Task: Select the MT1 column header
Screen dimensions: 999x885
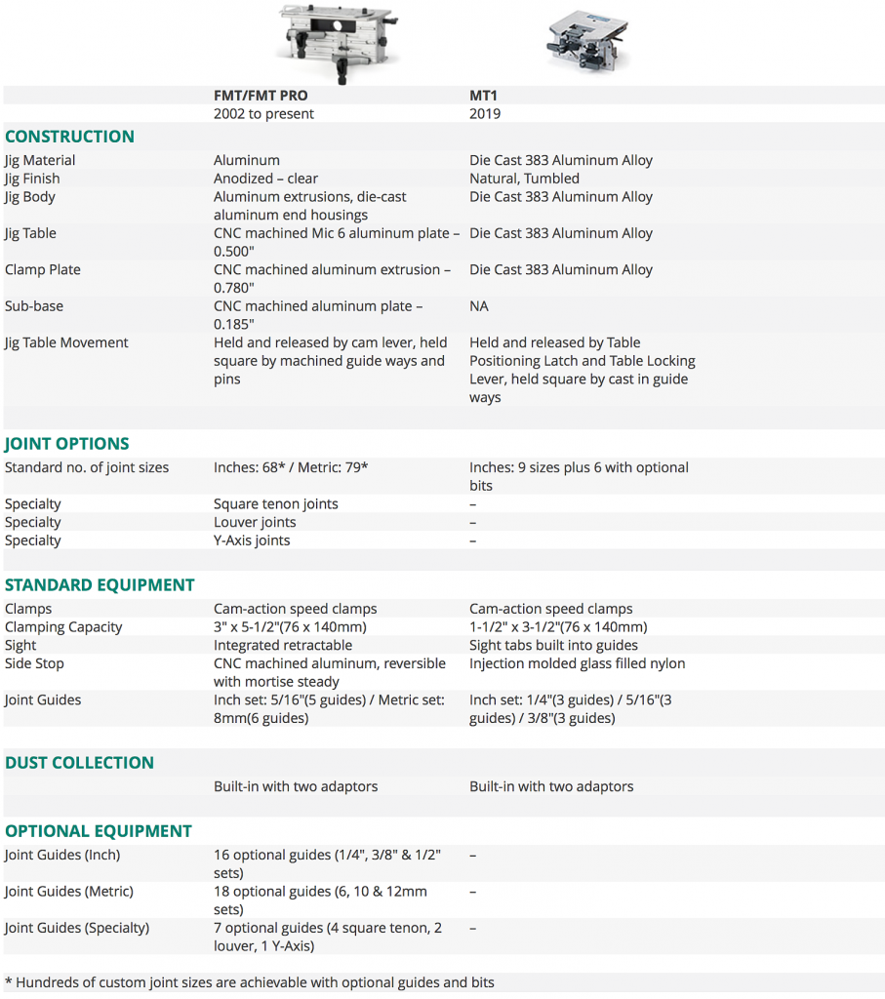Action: (x=484, y=96)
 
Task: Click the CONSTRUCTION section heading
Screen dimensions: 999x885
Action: (x=69, y=137)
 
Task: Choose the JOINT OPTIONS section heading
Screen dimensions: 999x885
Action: (x=66, y=444)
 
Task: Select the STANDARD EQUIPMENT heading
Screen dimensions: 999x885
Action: (x=100, y=585)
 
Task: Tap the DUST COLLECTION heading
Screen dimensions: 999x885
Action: (x=79, y=763)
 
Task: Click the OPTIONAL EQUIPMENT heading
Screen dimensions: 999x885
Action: (x=98, y=831)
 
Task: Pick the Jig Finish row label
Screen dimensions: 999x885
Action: (x=32, y=179)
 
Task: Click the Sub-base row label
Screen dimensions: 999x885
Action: (x=34, y=306)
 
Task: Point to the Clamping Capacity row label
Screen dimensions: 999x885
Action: (x=63, y=627)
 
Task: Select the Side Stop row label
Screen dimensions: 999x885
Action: (x=34, y=663)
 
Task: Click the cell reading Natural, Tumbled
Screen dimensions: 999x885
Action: (x=524, y=179)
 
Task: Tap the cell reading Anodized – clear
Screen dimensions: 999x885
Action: (x=265, y=179)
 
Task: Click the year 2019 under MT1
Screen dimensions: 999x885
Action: (x=485, y=114)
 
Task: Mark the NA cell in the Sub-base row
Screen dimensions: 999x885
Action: (x=479, y=306)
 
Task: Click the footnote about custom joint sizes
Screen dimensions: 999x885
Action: (x=249, y=982)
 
